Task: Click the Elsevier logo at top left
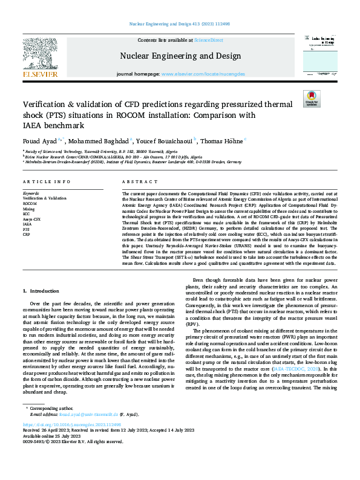click(41, 58)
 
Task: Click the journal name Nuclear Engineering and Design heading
click(180, 56)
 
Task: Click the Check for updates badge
click(311, 99)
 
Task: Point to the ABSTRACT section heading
click(136, 181)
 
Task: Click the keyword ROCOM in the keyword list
click(30, 203)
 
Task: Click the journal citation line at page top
click(180, 24)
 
